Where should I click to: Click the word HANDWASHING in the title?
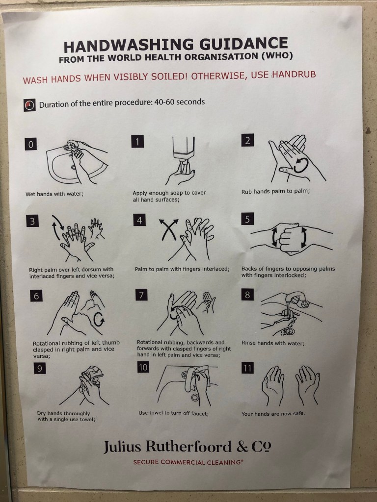(x=129, y=46)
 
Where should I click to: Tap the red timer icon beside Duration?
(x=29, y=105)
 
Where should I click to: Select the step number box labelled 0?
(x=31, y=145)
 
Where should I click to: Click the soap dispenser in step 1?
(x=184, y=153)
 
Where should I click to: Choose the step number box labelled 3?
(x=32, y=221)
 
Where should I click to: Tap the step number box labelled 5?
(x=247, y=219)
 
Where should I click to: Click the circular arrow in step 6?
(x=99, y=320)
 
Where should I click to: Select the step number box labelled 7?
(x=141, y=295)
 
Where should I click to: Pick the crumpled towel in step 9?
(x=92, y=373)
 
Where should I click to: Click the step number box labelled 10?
(x=143, y=367)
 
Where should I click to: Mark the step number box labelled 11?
(x=247, y=368)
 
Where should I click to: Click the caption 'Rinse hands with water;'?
(x=273, y=343)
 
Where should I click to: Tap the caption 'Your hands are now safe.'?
(x=273, y=414)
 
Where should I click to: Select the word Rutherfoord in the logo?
(x=188, y=446)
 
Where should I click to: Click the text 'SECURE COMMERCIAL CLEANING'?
(x=188, y=462)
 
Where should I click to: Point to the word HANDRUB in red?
(x=294, y=75)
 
